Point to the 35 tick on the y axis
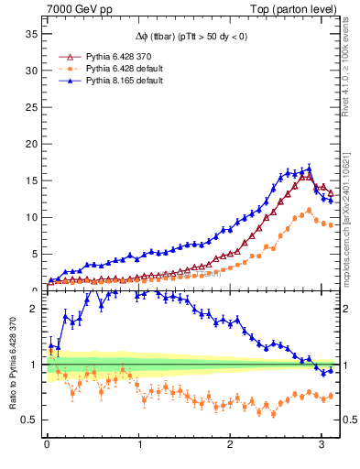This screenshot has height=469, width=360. [x=30, y=34]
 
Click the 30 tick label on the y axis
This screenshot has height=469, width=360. [x=30, y=71]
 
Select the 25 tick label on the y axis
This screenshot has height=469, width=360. [x=30, y=107]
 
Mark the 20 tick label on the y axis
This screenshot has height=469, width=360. [x=30, y=144]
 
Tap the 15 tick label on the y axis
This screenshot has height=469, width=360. [x=30, y=180]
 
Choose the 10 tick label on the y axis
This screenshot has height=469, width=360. [x=30, y=217]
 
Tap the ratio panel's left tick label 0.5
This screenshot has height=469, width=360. [x=29, y=420]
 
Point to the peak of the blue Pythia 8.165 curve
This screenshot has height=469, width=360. [x=309, y=169]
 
